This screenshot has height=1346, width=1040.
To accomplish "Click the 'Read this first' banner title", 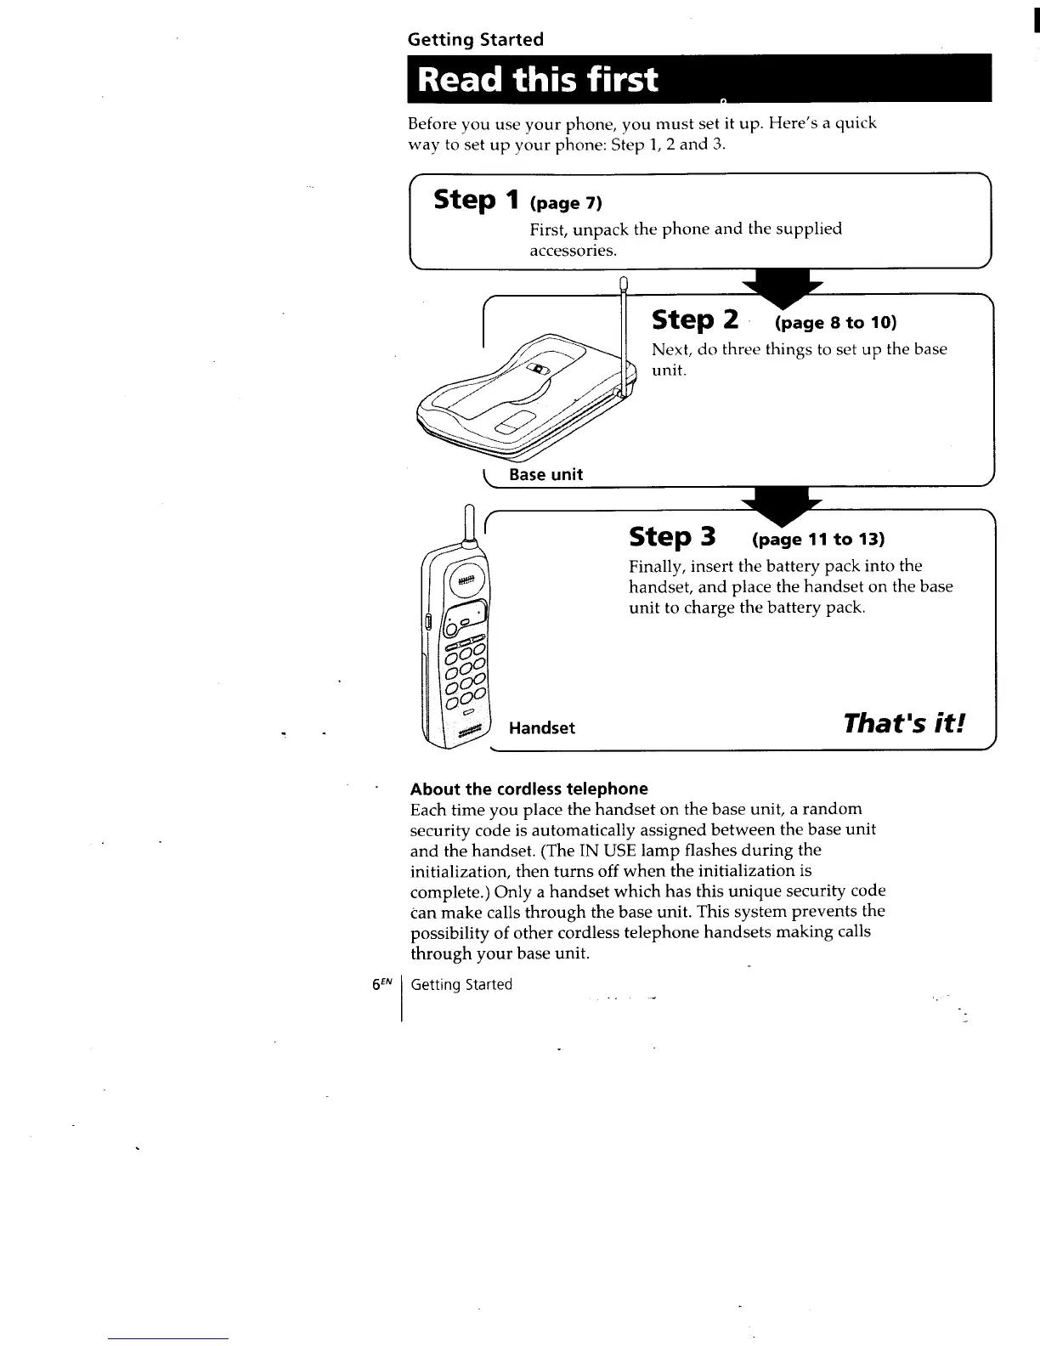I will [x=538, y=80].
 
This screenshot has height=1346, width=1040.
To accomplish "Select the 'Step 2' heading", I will [x=694, y=320].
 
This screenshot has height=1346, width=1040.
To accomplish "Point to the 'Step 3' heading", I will [x=672, y=537].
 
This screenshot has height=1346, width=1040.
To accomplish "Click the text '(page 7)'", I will [x=565, y=203].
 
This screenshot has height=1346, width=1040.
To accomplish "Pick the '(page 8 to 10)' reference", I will [x=835, y=323].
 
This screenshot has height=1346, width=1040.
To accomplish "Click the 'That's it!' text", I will [x=904, y=723].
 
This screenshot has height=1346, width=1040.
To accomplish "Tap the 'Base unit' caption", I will [x=545, y=474].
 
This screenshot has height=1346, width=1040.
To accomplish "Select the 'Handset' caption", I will [x=541, y=728].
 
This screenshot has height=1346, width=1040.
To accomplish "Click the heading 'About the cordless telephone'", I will [x=528, y=789].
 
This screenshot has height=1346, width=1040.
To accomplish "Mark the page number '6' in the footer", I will [x=376, y=984].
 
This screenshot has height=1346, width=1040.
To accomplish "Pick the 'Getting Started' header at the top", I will [x=475, y=39].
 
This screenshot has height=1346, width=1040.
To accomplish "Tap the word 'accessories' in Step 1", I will [x=572, y=251].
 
